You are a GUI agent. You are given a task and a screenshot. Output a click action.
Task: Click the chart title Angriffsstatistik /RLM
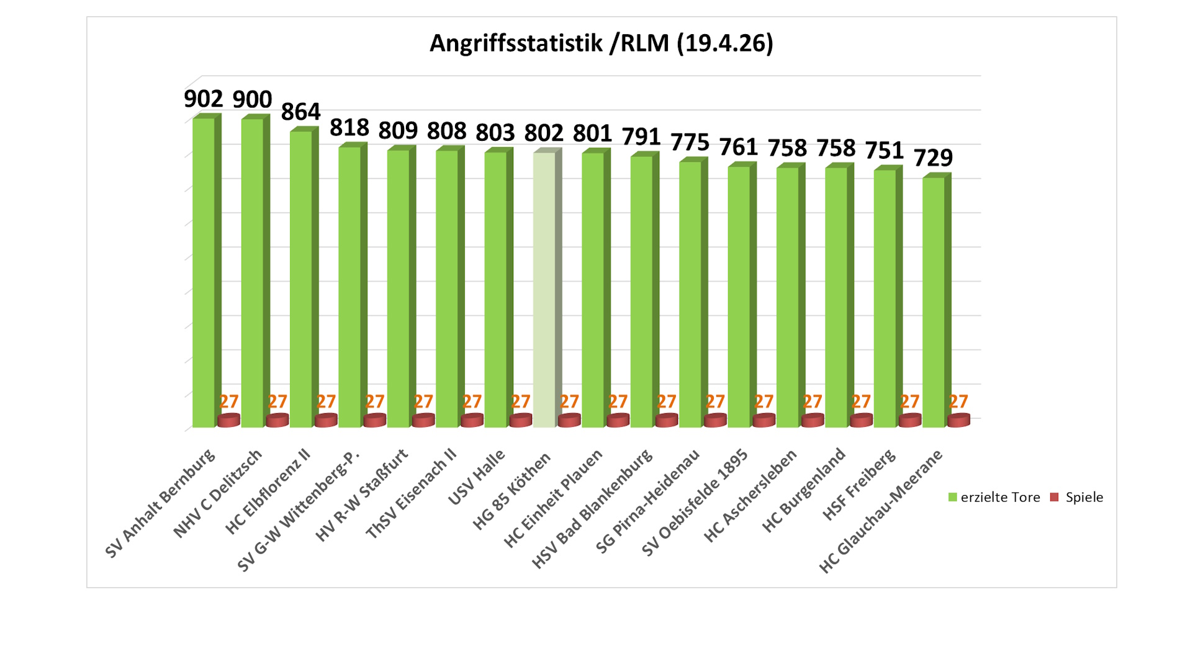[601, 43]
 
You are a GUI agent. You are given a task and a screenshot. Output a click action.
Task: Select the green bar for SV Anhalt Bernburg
[204, 273]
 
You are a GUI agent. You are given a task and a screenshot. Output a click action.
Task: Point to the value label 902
[203, 99]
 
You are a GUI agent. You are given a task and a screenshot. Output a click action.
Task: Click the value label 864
[300, 112]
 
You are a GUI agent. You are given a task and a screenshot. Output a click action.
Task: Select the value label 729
[933, 158]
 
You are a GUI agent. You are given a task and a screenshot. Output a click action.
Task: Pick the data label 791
[641, 137]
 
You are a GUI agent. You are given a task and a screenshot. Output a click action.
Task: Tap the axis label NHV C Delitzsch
[218, 493]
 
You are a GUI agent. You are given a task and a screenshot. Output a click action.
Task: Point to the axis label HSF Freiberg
[859, 484]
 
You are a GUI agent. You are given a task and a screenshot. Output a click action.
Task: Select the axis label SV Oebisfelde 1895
[695, 503]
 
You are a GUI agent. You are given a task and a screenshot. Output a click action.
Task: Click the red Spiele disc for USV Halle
[521, 421]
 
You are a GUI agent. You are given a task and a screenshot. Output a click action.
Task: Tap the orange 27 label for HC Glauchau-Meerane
[958, 402]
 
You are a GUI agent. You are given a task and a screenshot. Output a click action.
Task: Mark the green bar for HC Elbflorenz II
[301, 279]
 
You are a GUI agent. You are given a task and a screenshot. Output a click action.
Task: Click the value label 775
[690, 143]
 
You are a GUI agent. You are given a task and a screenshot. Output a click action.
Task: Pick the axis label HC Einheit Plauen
[554, 498]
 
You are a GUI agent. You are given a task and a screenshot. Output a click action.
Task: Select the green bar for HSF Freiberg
[885, 298]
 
